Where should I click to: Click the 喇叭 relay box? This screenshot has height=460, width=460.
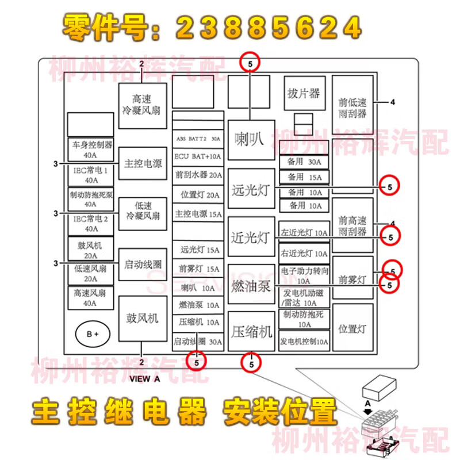(x=251, y=140)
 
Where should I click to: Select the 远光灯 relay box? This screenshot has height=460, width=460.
(x=251, y=189)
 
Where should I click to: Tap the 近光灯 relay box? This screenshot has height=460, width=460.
(x=251, y=237)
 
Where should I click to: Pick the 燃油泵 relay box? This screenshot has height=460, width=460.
(x=251, y=285)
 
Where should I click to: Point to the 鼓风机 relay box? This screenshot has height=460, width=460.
(x=142, y=318)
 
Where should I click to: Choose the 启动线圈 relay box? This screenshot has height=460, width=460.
(x=142, y=265)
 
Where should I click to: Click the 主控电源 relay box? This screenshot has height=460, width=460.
(x=142, y=163)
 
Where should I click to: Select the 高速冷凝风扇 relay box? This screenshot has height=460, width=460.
(x=142, y=105)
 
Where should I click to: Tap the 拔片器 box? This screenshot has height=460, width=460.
(x=304, y=93)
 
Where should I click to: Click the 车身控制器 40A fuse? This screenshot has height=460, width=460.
(x=90, y=149)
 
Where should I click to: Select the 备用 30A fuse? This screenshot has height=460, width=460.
(x=304, y=162)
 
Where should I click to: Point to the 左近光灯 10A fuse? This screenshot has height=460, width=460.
(x=304, y=233)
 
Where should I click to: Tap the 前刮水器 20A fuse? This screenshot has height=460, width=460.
(x=198, y=175)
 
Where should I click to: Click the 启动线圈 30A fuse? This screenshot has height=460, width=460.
(x=198, y=342)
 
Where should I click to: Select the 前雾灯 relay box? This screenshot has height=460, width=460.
(x=352, y=280)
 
